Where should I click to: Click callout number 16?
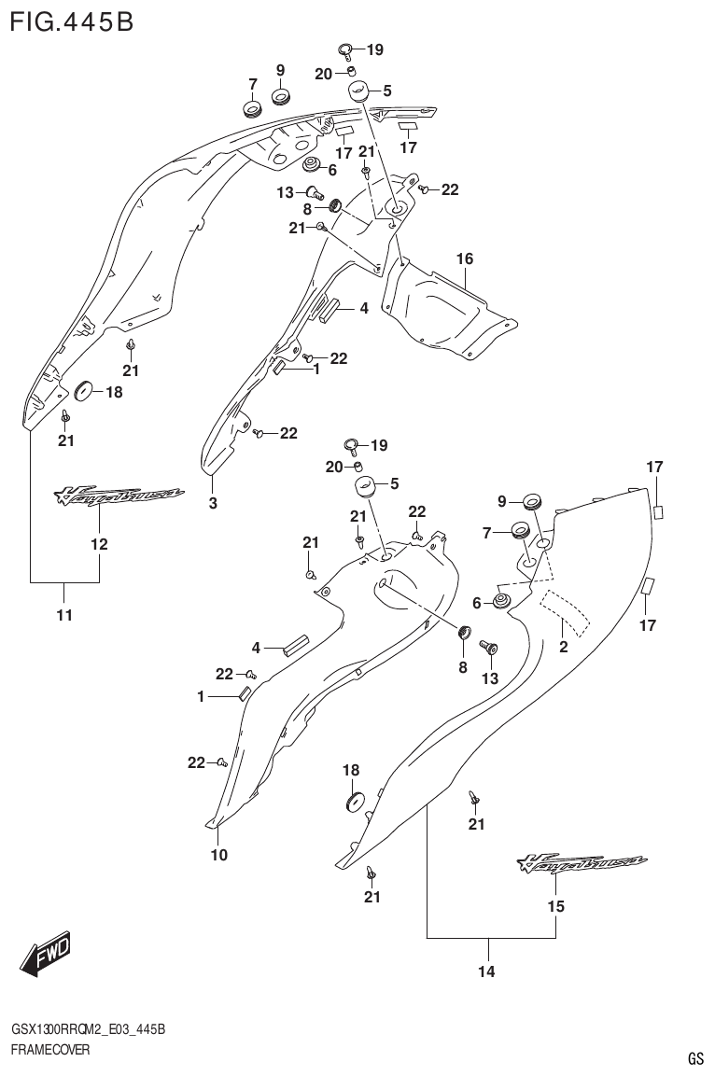click(x=465, y=258)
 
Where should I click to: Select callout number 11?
click(x=64, y=615)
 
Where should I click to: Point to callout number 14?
click(x=485, y=972)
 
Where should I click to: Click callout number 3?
click(x=213, y=504)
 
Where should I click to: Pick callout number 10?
click(x=218, y=854)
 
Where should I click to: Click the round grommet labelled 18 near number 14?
click(x=354, y=800)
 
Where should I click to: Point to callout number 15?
click(x=556, y=906)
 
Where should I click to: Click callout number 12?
click(x=99, y=544)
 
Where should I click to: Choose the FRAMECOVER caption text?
click(x=50, y=1050)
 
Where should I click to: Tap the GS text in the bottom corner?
click(x=695, y=1058)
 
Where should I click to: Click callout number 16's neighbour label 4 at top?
click(x=364, y=308)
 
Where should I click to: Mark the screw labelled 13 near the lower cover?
click(x=486, y=647)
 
